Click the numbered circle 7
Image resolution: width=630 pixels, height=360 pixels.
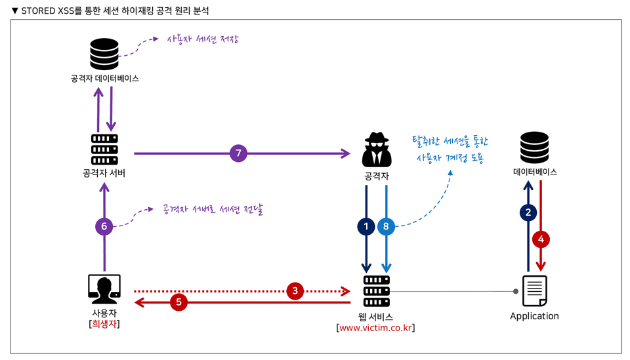point(238,153)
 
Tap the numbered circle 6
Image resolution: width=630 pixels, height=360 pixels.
point(104,226)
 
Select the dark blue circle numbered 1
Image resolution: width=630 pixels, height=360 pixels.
point(366,226)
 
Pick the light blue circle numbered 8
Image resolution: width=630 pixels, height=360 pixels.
point(386,226)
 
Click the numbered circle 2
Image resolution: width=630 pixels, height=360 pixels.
point(528,212)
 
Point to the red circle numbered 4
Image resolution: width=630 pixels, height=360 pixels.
point(541,239)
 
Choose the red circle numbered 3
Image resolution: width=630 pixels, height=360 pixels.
point(295,290)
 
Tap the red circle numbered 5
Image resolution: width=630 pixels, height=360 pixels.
point(178,302)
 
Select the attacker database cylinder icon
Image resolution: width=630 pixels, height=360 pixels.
point(104,54)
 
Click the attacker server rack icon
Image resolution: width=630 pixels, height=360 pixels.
point(104,150)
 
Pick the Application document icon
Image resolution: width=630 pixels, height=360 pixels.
point(534,290)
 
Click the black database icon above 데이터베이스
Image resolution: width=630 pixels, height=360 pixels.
point(534,148)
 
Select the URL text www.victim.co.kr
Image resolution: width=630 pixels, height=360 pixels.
point(375,327)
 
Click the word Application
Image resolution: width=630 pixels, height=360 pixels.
point(534,316)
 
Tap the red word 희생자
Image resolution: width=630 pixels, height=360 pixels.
point(104,323)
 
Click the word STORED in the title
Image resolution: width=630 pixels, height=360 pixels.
point(39,11)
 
